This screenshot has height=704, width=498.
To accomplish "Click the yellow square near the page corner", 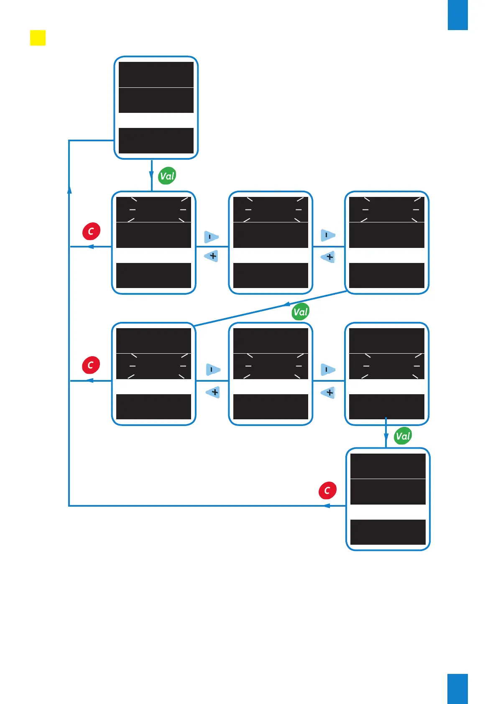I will [38, 38].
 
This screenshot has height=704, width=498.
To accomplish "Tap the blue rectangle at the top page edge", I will [457, 15].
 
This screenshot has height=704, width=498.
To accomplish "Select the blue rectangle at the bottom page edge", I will [457, 689].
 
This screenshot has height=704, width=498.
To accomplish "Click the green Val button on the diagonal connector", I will [300, 312].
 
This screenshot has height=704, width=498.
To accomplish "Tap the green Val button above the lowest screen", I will [403, 436].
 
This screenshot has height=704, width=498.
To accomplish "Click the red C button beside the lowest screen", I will [327, 490].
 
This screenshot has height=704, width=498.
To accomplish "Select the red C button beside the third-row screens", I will [91, 365].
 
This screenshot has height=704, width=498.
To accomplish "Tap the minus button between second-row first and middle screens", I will [211, 237].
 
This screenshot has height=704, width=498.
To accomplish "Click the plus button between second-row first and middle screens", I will [212, 256].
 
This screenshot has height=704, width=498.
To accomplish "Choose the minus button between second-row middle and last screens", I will [327, 235].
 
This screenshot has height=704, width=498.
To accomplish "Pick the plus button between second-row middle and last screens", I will [329, 257].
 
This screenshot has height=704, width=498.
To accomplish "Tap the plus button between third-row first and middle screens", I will [214, 392].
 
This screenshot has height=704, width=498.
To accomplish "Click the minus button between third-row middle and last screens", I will [327, 370].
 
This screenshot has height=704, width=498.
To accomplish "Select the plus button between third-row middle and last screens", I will [329, 393].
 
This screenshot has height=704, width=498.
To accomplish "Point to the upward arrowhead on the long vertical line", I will [69, 189].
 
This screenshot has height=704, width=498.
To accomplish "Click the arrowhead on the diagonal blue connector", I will [287, 304].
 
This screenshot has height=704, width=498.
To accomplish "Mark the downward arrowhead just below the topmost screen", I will [151, 175].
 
